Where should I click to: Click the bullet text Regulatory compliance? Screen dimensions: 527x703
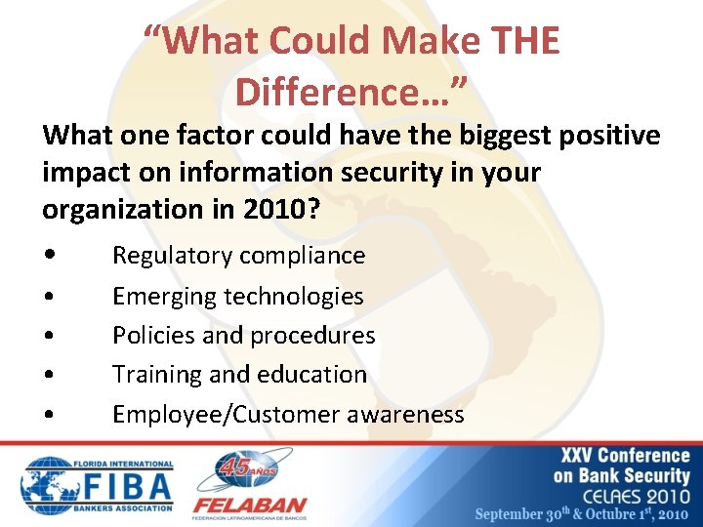(238, 256)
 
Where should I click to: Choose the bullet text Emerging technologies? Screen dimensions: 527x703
(237, 296)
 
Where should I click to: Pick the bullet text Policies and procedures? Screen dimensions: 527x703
(243, 335)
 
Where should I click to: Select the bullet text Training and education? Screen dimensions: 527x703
(239, 374)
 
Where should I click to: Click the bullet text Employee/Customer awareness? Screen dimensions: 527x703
(288, 414)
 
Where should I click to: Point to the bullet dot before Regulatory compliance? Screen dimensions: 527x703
(49, 257)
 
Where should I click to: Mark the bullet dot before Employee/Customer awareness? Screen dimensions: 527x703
(49, 415)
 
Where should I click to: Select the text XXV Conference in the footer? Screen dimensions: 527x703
(625, 456)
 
